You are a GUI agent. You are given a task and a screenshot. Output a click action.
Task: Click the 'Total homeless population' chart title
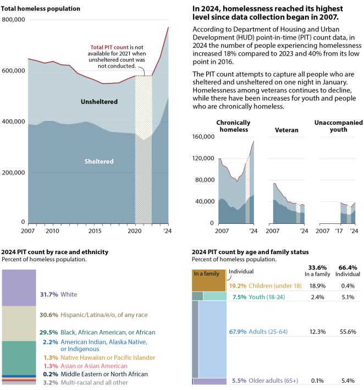point(41,9)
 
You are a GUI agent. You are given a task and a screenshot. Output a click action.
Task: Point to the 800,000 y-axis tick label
point(14,20)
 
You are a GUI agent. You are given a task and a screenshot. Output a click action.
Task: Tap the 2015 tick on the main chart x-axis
point(94,232)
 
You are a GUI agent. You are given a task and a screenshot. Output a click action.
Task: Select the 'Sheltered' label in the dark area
point(99,161)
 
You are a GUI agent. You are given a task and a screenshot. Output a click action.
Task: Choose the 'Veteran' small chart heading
point(286,130)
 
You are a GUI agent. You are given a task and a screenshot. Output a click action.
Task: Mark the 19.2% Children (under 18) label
point(266,286)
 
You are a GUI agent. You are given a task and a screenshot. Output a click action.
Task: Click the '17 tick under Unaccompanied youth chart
point(340,232)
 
